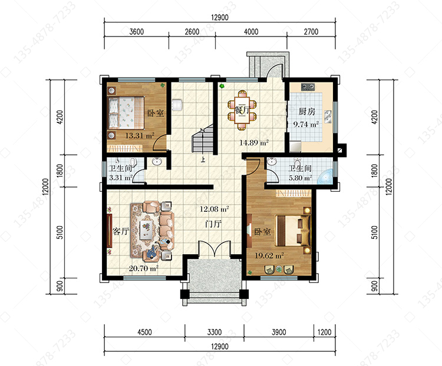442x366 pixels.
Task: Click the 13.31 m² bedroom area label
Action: (x=140, y=136)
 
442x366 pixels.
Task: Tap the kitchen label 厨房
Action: (x=306, y=111)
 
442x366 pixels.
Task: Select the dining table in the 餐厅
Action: (x=242, y=110)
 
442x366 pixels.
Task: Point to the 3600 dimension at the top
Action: (x=137, y=32)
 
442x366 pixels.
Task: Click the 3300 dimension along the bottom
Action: (x=215, y=332)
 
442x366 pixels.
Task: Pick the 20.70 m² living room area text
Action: (x=143, y=268)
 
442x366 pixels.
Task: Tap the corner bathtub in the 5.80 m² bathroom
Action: (x=325, y=177)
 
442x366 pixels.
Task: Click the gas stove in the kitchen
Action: (x=308, y=86)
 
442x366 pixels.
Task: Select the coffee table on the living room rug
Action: (x=146, y=229)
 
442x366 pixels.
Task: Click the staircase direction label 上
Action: (x=203, y=160)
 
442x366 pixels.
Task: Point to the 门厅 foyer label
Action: (x=213, y=224)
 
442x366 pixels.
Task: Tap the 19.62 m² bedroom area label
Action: (x=269, y=255)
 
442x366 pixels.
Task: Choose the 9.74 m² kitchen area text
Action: (x=306, y=124)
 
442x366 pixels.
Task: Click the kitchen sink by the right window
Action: (x=328, y=117)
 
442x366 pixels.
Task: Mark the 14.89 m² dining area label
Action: (x=253, y=143)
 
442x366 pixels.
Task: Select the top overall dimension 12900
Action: (x=220, y=18)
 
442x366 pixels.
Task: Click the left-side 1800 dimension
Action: (x=60, y=171)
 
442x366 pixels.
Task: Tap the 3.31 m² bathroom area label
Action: (x=121, y=178)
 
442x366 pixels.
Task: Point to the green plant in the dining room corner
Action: (x=222, y=86)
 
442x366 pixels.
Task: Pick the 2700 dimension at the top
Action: (x=311, y=32)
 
